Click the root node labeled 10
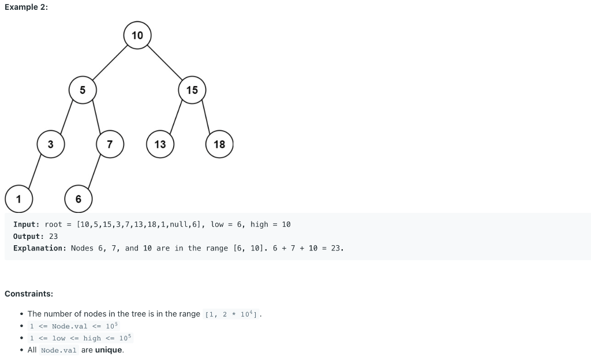(x=137, y=35)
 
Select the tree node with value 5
(x=83, y=90)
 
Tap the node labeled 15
(x=192, y=90)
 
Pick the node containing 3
(x=51, y=144)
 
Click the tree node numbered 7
(x=110, y=144)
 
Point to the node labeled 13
(x=160, y=144)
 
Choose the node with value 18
(x=219, y=144)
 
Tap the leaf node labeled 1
(x=18, y=199)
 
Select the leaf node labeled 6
(x=78, y=199)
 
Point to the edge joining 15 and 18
(x=206, y=117)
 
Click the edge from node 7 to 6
(x=94, y=171)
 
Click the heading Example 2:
(x=26, y=6)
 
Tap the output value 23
(x=54, y=237)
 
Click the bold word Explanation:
(x=40, y=248)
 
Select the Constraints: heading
(x=29, y=294)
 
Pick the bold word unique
(x=109, y=350)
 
